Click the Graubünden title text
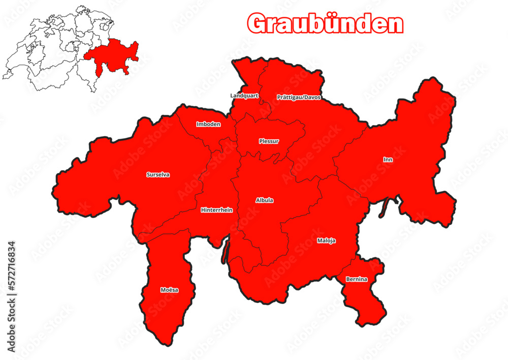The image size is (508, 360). [325, 23]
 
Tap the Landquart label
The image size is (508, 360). [244, 95]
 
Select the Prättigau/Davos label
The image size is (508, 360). [299, 97]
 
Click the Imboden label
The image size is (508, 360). [208, 124]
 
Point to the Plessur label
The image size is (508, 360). [269, 141]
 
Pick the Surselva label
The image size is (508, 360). [158, 174]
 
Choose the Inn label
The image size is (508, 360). [388, 159]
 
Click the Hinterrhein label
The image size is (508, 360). [216, 209]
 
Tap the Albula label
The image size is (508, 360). [264, 200]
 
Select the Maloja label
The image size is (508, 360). [326, 241]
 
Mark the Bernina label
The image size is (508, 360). [357, 279]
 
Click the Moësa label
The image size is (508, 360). [169, 290]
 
